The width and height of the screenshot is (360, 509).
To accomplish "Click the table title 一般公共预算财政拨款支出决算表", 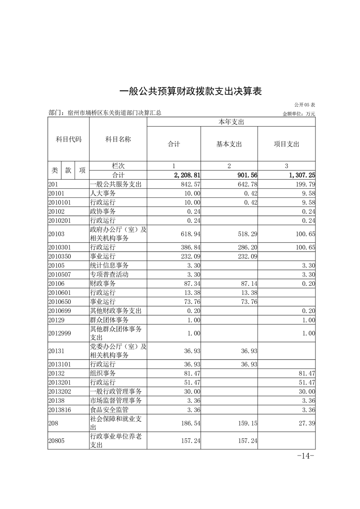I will (x=191, y=91).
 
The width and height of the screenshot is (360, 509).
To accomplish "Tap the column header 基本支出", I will (x=229, y=144).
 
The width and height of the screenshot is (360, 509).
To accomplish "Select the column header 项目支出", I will (x=286, y=144).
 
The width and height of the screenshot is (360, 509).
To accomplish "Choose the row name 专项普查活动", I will (x=109, y=274).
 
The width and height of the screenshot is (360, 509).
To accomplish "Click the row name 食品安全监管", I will (x=109, y=410).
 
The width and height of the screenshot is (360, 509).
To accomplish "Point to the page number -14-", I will (x=306, y=456).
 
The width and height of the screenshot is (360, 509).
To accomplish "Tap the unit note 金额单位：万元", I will (x=299, y=113).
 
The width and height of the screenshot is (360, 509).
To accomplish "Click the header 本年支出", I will (x=231, y=122).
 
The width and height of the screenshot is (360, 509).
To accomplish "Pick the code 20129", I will (x=57, y=320).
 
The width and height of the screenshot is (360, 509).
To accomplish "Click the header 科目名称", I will (x=118, y=140).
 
